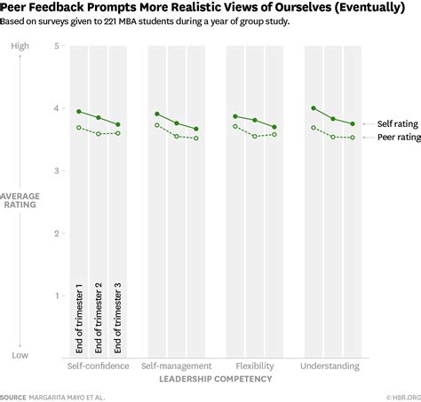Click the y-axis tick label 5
pos(56,46)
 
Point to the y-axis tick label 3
pos(56,170)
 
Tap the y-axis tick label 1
pos(56,296)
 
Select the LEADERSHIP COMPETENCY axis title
pos(215,379)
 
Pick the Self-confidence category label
pos(98,366)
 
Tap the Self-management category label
pos(176,366)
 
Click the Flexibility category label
pos(255,366)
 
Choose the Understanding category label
pos(331,366)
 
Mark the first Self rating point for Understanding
pos(314,108)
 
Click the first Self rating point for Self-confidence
pos(79,112)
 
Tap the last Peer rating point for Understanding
pos(353,138)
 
